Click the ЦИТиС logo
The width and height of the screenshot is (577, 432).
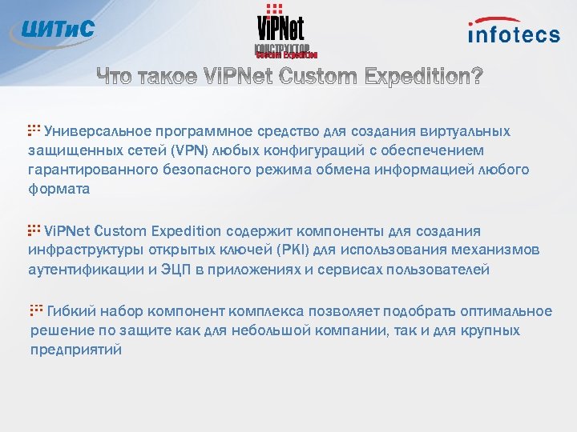pyautogui.click(x=52, y=30)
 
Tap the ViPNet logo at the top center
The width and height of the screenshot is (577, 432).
pyautogui.click(x=280, y=32)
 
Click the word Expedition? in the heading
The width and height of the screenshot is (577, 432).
pyautogui.click(x=422, y=76)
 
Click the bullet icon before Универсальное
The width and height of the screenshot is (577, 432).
pyautogui.click(x=34, y=130)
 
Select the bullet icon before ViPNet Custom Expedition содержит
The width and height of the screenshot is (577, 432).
pyautogui.click(x=34, y=230)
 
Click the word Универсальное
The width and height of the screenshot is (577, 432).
pyautogui.click(x=97, y=131)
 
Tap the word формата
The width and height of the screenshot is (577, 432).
pyautogui.click(x=59, y=189)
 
